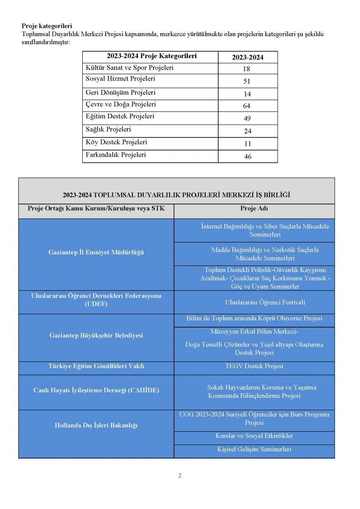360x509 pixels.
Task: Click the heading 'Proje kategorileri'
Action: (47, 26)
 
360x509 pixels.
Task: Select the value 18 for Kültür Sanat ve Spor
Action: (247, 69)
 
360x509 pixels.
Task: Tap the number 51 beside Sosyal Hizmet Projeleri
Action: (247, 81)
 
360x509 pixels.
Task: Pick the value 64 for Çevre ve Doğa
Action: (247, 106)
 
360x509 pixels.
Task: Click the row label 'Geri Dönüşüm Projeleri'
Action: (121, 92)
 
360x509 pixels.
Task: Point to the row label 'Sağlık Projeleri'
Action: (109, 129)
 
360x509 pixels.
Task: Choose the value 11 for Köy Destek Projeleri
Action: (248, 144)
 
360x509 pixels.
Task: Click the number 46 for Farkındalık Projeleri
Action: (248, 157)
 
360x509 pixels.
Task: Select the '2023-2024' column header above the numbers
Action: (248, 58)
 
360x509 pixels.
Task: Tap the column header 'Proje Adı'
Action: (254, 208)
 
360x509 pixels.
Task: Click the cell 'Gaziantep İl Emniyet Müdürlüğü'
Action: (96, 252)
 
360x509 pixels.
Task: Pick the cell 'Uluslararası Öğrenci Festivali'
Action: (265, 302)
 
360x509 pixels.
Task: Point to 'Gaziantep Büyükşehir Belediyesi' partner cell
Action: (96, 336)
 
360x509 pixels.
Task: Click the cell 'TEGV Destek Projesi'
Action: (254, 366)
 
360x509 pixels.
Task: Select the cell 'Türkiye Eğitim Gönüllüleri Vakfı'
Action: (96, 366)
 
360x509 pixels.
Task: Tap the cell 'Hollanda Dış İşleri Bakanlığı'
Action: (96, 425)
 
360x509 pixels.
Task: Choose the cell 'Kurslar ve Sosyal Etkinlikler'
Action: (254, 436)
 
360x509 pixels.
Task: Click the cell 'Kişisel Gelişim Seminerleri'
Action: (254, 449)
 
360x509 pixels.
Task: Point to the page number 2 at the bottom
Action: (180, 475)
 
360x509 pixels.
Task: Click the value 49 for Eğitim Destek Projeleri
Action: (247, 119)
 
